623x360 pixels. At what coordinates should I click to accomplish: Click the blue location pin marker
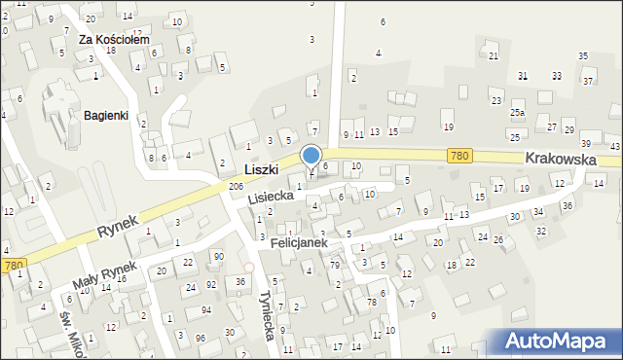point(311,156)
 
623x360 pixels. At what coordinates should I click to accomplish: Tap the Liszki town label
point(262,169)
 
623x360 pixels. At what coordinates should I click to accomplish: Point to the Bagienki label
point(106,115)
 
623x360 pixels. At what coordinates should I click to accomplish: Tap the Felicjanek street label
point(299,241)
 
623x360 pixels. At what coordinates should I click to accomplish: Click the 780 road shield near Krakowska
point(460,156)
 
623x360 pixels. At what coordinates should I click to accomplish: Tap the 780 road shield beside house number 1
point(12,265)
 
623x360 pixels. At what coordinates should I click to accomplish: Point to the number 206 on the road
point(236,186)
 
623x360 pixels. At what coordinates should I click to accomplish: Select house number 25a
point(517,113)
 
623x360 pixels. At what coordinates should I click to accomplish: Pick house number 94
point(205,309)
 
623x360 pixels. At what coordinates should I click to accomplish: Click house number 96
point(201,338)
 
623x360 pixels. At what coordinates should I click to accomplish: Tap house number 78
point(372,303)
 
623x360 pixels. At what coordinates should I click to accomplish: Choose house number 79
point(335,265)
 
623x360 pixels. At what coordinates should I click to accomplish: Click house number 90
point(219,256)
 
